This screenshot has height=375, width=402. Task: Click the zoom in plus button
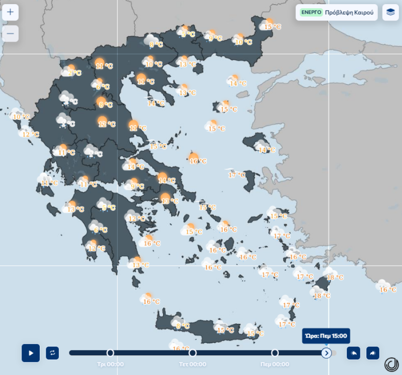10,12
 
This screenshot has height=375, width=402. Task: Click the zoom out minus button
10,34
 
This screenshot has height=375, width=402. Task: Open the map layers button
390,12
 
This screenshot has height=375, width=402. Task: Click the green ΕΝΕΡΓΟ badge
311,12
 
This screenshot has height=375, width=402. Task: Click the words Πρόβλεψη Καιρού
349,12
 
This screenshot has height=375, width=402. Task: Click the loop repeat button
53,353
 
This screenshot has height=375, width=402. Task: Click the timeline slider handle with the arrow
326,353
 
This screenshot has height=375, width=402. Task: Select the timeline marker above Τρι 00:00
110,353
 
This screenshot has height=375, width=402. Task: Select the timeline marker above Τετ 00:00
192,353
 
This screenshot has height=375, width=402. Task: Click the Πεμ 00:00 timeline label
275,364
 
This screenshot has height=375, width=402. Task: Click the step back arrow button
353,353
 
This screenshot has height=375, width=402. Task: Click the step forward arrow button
373,353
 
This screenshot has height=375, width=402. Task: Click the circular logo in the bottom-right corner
391,364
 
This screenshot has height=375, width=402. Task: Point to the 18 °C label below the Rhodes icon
322,296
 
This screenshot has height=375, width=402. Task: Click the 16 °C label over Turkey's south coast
388,289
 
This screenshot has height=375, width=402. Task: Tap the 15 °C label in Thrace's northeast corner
273,27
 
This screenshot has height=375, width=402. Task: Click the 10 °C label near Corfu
21,117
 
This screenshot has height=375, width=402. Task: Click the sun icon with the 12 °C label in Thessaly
102,121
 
